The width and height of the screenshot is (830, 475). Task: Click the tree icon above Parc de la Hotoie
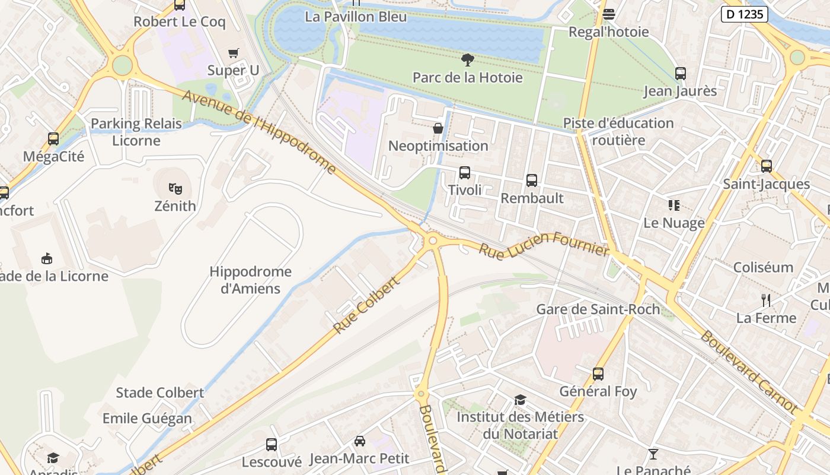pyautogui.click(x=467, y=59)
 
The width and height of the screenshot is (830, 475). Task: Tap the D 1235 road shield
pyautogui.click(x=744, y=14)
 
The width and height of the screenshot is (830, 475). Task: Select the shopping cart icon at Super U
pyautogui.click(x=234, y=53)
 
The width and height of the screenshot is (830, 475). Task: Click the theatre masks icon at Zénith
pyautogui.click(x=175, y=188)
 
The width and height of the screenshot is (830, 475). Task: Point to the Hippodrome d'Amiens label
pyautogui.click(x=250, y=280)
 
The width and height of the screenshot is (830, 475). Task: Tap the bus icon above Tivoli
pyautogui.click(x=465, y=173)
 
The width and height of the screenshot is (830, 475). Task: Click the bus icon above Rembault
pyautogui.click(x=532, y=180)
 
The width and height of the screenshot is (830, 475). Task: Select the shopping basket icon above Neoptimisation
pyautogui.click(x=438, y=128)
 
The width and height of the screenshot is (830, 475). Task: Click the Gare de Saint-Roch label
pyautogui.click(x=598, y=309)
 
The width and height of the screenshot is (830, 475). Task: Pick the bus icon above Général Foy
pyautogui.click(x=598, y=373)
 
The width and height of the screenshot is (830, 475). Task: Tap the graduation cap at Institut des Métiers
pyautogui.click(x=520, y=400)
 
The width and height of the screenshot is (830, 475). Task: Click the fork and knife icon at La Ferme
pyautogui.click(x=766, y=300)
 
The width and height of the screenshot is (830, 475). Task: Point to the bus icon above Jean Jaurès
pyautogui.click(x=681, y=74)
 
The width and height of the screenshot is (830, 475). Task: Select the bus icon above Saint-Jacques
pyautogui.click(x=767, y=166)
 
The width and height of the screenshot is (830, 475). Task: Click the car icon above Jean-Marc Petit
pyautogui.click(x=359, y=441)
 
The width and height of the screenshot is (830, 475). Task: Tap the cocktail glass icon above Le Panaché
pyautogui.click(x=653, y=454)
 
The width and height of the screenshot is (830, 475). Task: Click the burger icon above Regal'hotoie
pyautogui.click(x=609, y=14)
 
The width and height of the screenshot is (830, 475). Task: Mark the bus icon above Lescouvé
pyautogui.click(x=272, y=444)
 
